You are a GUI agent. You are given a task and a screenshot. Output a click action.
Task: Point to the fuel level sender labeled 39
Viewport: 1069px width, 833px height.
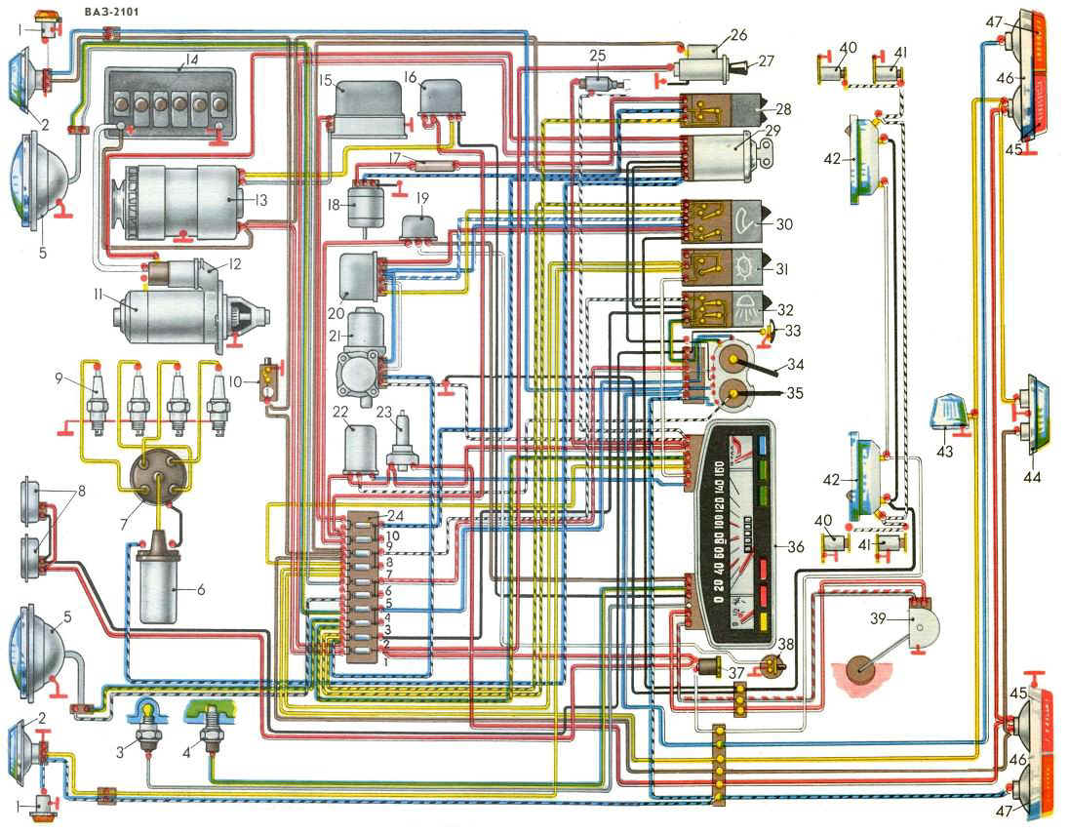pos(916,619)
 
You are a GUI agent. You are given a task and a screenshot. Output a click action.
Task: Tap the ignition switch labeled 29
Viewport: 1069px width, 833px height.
pos(726,156)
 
